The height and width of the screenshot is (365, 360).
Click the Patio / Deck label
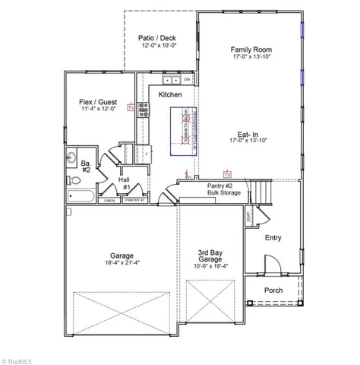pyautogui.click(x=157, y=37)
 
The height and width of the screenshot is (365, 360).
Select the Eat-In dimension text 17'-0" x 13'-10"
pyautogui.click(x=250, y=141)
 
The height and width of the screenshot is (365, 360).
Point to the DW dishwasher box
pyautogui.click(x=187, y=79)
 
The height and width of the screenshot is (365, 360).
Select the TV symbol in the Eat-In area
pyautogui.click(x=226, y=173)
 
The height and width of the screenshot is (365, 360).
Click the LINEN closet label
pyautogui.click(x=109, y=202)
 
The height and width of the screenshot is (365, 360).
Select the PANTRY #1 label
pyautogui.click(x=134, y=202)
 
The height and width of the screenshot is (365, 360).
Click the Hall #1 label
pyautogui.click(x=125, y=183)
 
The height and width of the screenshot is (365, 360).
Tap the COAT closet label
pyautogui.click(x=249, y=217)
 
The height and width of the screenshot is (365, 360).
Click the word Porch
pyautogui.click(x=273, y=290)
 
